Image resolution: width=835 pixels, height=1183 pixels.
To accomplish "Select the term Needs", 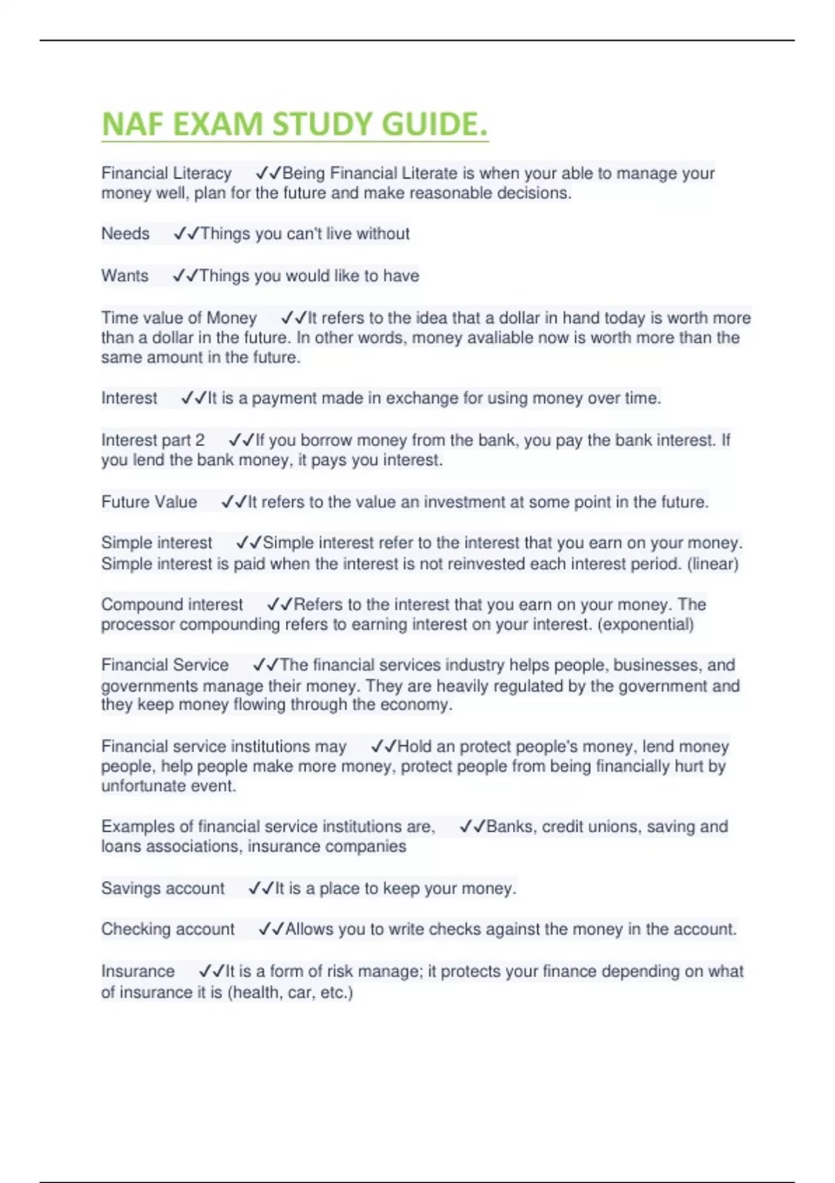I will point(125,234).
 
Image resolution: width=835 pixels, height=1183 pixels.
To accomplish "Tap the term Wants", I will point(125,276).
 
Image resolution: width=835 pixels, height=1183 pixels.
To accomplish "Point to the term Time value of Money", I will point(179,318).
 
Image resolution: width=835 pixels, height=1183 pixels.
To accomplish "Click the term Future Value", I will point(149,502).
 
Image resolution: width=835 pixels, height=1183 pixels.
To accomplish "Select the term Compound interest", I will point(172,604).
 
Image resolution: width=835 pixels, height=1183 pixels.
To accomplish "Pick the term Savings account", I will point(163,888).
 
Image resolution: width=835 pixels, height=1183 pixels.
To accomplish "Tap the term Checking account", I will point(168,929).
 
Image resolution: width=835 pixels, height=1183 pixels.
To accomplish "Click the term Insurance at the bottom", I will point(138,971).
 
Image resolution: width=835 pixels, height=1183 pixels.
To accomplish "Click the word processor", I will point(138,624).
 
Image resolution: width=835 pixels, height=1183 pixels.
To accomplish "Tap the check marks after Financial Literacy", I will point(269,173).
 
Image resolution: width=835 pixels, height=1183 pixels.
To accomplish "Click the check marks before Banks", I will point(472,827).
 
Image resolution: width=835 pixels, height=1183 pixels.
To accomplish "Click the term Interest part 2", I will point(153,440).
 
